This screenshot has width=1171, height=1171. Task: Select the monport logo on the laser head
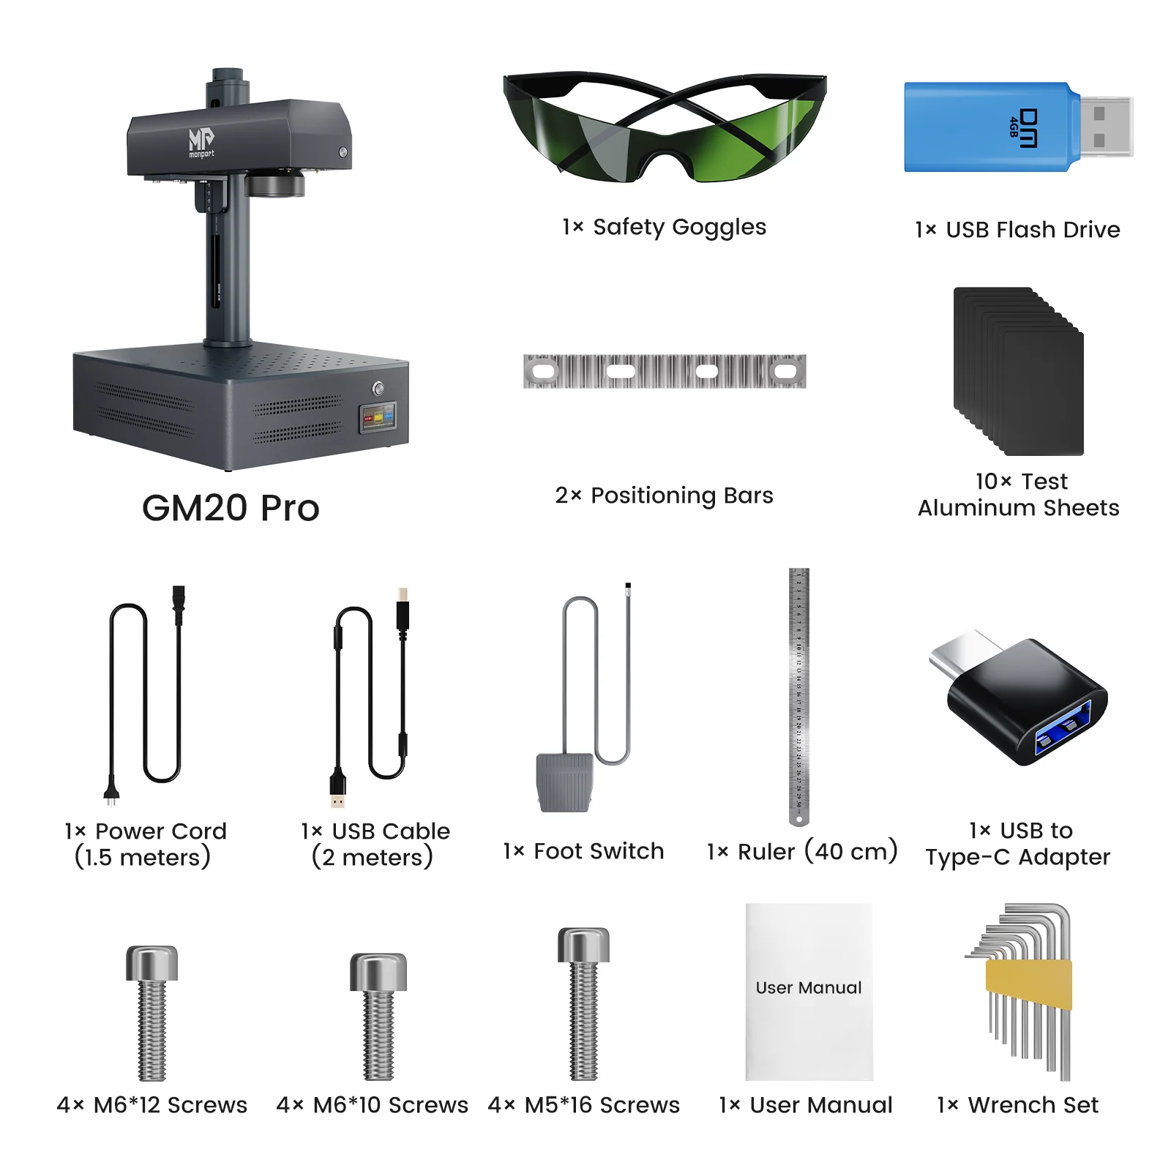point(201,141)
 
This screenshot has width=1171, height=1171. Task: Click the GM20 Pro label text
point(231,508)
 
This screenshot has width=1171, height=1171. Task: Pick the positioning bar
point(665,371)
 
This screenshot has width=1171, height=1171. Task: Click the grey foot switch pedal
point(564,782)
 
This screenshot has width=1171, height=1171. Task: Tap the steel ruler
point(798,695)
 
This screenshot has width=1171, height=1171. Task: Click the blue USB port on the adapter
point(1063,728)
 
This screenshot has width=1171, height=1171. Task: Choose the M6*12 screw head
point(151,962)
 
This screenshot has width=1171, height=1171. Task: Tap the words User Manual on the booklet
point(809,988)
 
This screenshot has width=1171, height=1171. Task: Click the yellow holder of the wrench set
point(1029,984)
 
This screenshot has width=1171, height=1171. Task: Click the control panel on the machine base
point(378,417)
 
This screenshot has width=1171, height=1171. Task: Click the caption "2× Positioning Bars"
point(664,495)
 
